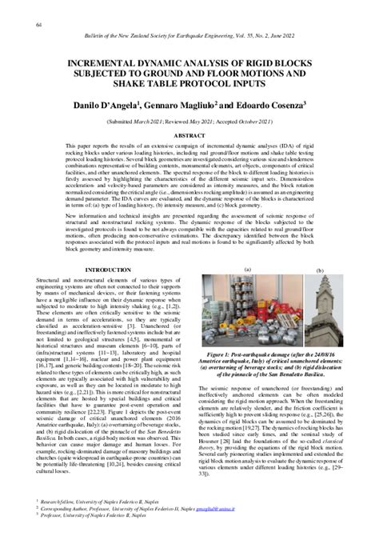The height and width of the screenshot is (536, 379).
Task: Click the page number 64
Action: coord(39,25)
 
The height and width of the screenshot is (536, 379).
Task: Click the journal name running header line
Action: coord(190,37)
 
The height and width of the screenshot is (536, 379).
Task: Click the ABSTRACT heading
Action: coord(190,138)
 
